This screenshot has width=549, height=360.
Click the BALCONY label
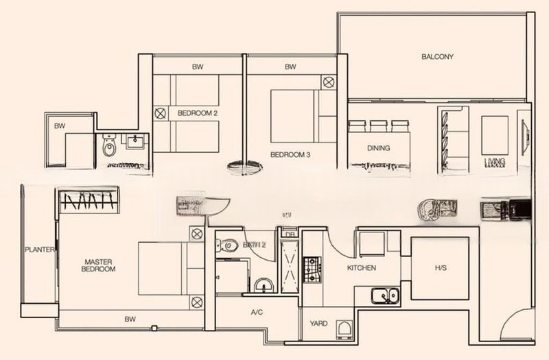(x=437, y=57)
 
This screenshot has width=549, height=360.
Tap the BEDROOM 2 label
(x=197, y=113)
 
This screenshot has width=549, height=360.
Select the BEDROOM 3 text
(x=290, y=155)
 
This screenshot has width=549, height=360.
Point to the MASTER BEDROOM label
(x=100, y=265)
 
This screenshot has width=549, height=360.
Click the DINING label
(x=378, y=148)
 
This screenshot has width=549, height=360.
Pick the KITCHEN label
(x=361, y=267)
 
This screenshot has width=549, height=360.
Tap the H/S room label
(x=440, y=267)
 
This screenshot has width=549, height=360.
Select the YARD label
(x=318, y=324)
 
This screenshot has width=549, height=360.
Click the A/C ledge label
(x=257, y=312)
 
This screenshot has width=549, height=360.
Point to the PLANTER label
(x=39, y=250)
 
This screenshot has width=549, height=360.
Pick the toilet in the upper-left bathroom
(x=109, y=147)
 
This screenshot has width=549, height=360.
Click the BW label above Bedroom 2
(x=198, y=67)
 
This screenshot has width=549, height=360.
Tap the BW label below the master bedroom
(x=129, y=319)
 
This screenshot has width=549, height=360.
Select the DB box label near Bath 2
(x=288, y=234)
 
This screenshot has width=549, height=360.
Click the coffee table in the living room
(x=494, y=134)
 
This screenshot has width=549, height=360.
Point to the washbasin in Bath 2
(x=261, y=285)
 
